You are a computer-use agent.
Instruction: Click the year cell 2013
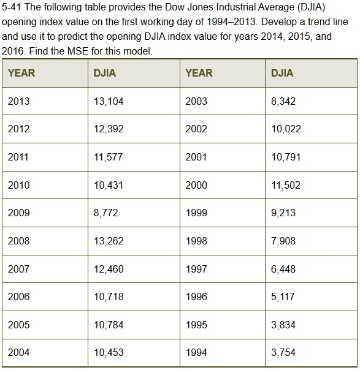point(18,101)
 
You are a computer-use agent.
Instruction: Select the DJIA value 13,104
point(109,101)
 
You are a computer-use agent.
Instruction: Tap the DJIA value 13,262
point(109,241)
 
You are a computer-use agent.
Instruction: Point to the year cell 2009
point(18,213)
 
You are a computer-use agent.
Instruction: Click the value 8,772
point(105,213)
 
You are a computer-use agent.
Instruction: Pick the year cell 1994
point(196,352)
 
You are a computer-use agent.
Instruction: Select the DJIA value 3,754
point(283,352)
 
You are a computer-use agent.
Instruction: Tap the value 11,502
point(286,185)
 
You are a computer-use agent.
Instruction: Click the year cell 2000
point(196,185)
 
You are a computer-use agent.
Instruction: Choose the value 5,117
point(283,296)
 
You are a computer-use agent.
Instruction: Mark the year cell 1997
point(196,269)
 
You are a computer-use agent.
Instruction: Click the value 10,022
point(286,129)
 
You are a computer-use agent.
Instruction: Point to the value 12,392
point(109,129)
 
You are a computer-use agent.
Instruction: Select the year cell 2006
point(18,296)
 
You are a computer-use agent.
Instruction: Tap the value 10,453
point(109,352)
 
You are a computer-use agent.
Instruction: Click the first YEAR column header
point(21,73)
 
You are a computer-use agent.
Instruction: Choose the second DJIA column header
point(282,73)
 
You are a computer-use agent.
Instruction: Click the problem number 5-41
point(13,8)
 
